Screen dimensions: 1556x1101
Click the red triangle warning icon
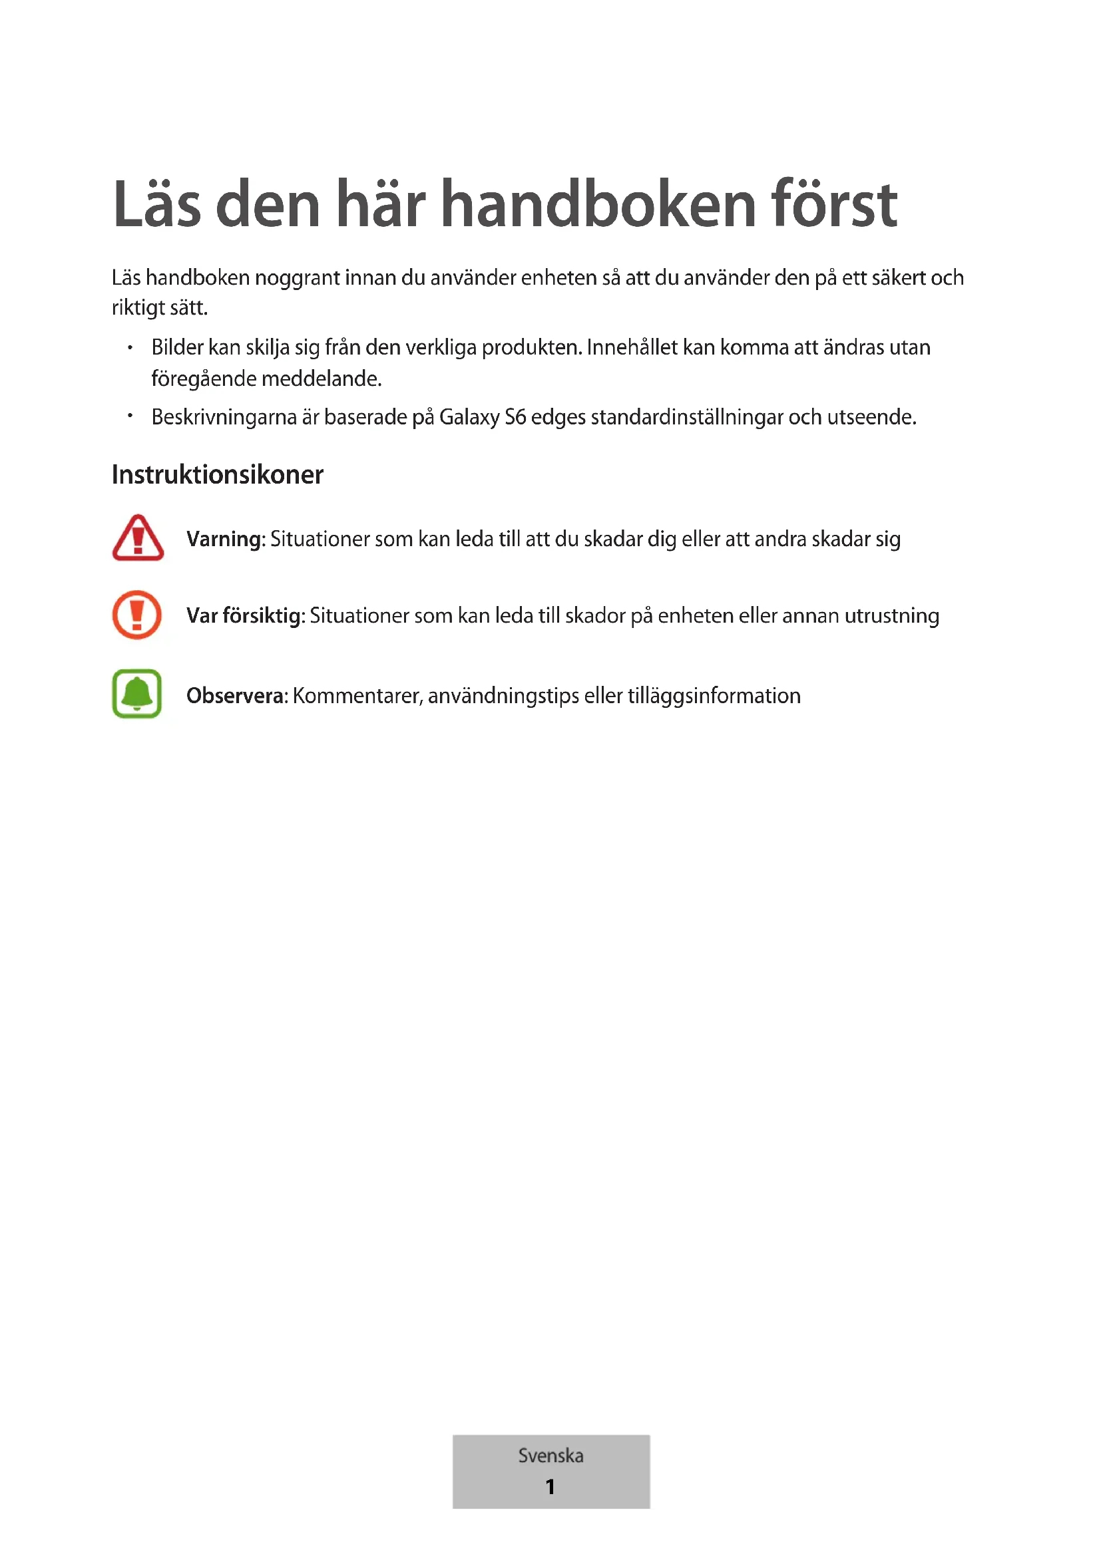(138, 538)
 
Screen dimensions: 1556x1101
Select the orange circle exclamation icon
(137, 615)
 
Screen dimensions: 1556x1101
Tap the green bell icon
(137, 693)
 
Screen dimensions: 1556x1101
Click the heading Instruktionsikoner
(217, 474)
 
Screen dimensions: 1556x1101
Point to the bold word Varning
(224, 540)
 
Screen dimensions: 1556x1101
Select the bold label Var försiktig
(244, 616)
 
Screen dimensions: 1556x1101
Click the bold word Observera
(236, 696)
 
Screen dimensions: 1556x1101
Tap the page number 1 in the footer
(550, 1486)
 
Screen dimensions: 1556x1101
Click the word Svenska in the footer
(550, 1455)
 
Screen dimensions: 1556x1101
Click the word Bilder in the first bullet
(177, 348)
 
